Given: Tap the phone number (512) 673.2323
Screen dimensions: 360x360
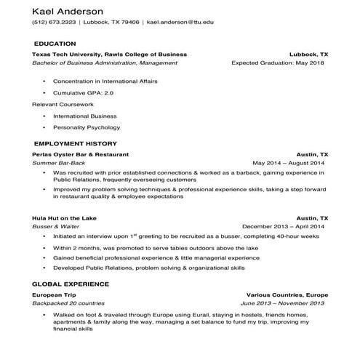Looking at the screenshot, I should pyautogui.click(x=54, y=23).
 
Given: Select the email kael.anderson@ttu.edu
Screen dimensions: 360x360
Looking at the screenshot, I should pyautogui.click(x=180, y=23).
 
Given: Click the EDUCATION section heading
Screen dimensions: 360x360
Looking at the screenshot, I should pyautogui.click(x=55, y=44).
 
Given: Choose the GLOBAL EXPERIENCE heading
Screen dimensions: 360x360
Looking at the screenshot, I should pyautogui.click(x=71, y=284).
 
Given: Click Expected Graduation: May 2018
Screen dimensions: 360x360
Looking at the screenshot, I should pyautogui.click(x=278, y=63).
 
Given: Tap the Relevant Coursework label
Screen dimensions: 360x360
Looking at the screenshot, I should pyautogui.click(x=63, y=104).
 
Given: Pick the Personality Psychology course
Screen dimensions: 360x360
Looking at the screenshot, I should pyautogui.click(x=90, y=127).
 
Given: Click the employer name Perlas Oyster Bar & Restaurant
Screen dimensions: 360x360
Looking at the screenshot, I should pyautogui.click(x=81, y=155).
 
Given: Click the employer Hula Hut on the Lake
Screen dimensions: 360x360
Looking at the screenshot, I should pyautogui.click(x=64, y=218).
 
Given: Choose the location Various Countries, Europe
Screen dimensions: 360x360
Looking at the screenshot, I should pyautogui.click(x=287, y=294).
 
